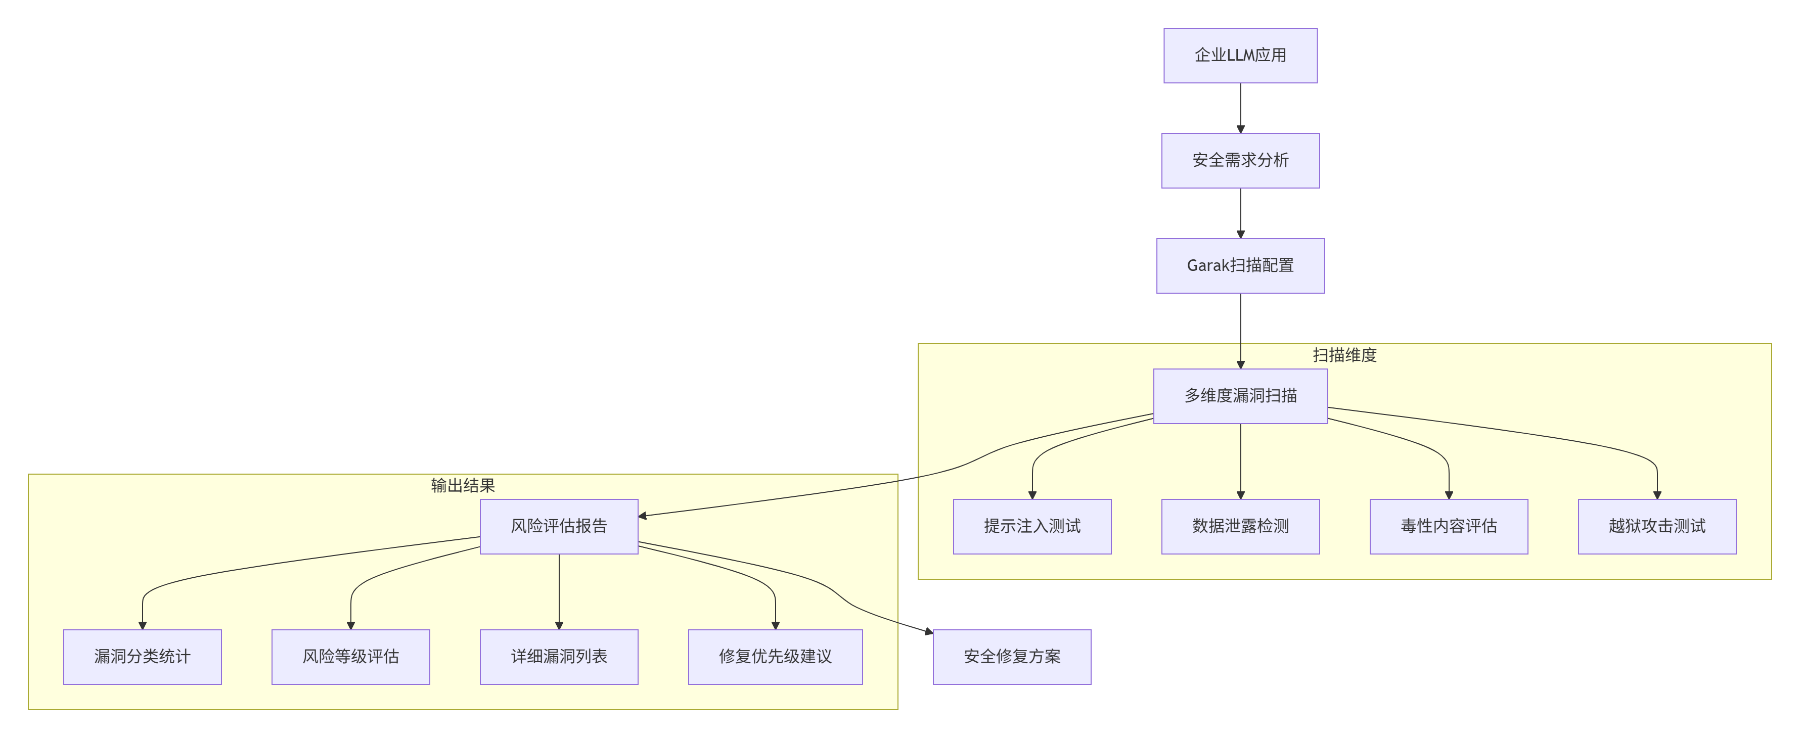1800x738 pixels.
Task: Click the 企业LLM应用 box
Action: tap(1240, 55)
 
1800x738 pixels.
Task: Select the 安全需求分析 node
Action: tap(1240, 160)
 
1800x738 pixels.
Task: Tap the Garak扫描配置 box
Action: tap(1240, 265)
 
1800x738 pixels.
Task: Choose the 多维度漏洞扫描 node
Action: tap(1240, 396)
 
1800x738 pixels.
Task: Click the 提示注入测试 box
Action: tap(1032, 526)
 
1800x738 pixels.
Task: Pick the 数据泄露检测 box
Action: tap(1240, 526)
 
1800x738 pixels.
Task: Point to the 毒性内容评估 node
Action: tap(1449, 526)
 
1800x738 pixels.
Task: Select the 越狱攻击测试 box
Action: tap(1657, 526)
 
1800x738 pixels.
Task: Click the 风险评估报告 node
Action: tap(559, 526)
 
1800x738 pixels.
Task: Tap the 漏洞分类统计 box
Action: tap(143, 656)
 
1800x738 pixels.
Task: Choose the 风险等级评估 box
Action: tap(351, 656)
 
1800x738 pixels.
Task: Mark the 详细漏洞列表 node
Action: tap(559, 656)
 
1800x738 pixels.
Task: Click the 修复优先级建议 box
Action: tap(776, 656)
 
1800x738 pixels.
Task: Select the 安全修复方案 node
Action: tap(1012, 656)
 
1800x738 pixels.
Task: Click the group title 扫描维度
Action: tap(1344, 355)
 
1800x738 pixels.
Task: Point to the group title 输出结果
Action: tap(463, 486)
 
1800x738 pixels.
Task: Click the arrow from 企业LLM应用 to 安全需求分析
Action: tap(1240, 108)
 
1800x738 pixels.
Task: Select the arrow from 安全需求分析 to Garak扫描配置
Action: tap(1240, 213)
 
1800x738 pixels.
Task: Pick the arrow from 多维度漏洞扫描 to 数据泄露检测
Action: tap(1240, 461)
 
